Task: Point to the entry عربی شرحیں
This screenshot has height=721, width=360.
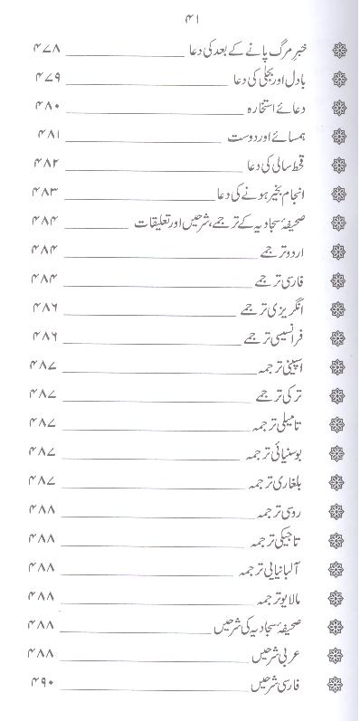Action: coord(279,655)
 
